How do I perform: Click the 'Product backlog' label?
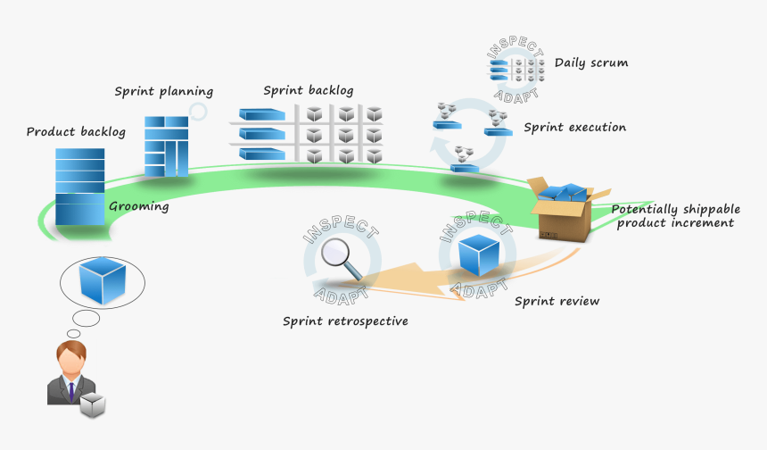(76, 132)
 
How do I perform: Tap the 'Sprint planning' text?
(163, 91)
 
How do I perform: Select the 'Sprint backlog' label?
(309, 90)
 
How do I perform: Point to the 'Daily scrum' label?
(590, 63)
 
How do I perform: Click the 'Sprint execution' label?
(574, 128)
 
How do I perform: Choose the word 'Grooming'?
(138, 206)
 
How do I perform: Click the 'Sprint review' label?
(557, 301)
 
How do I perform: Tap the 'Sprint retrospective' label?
(345, 321)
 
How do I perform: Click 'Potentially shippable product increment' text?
(673, 215)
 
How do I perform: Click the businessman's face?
(71, 360)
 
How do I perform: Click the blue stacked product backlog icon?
(79, 186)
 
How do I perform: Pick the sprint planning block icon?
(167, 146)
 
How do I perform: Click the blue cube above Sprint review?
(478, 255)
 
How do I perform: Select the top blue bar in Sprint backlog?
(262, 114)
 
